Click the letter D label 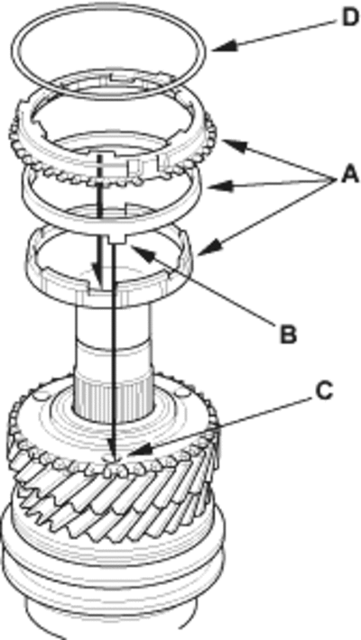(x=348, y=18)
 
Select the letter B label (x=287, y=334)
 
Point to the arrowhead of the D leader (x=224, y=47)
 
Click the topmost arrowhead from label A (x=234, y=145)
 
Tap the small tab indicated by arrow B (x=116, y=239)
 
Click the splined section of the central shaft (x=111, y=402)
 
